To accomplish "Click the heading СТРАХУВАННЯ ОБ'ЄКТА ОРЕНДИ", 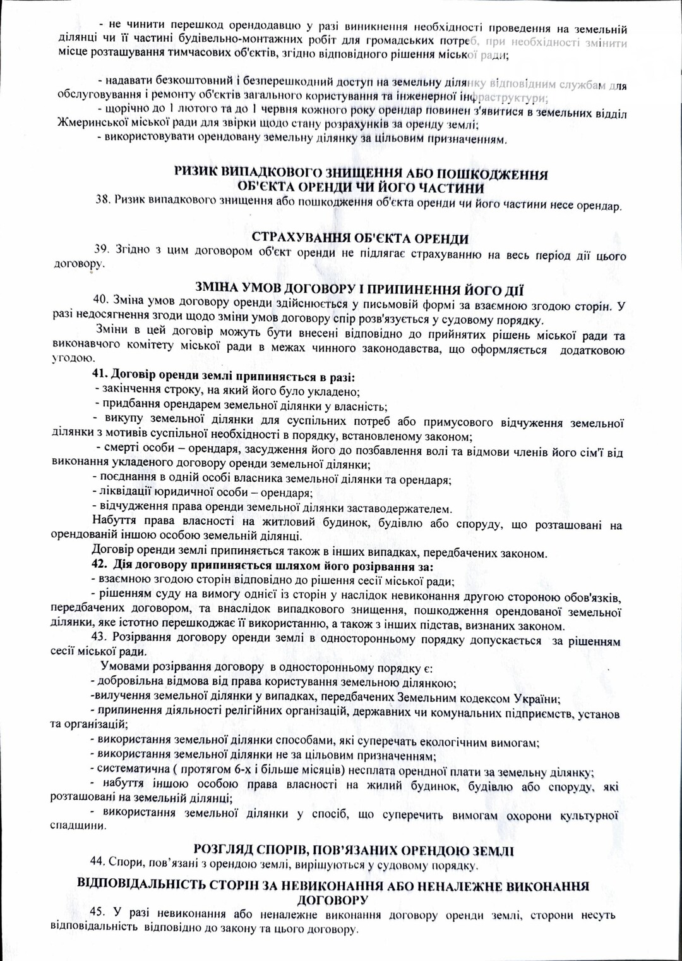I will click(x=360, y=238).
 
